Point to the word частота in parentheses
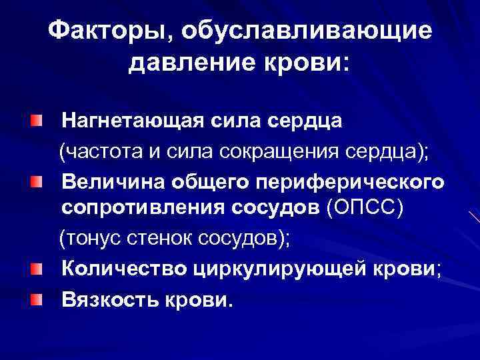point(103,151)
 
